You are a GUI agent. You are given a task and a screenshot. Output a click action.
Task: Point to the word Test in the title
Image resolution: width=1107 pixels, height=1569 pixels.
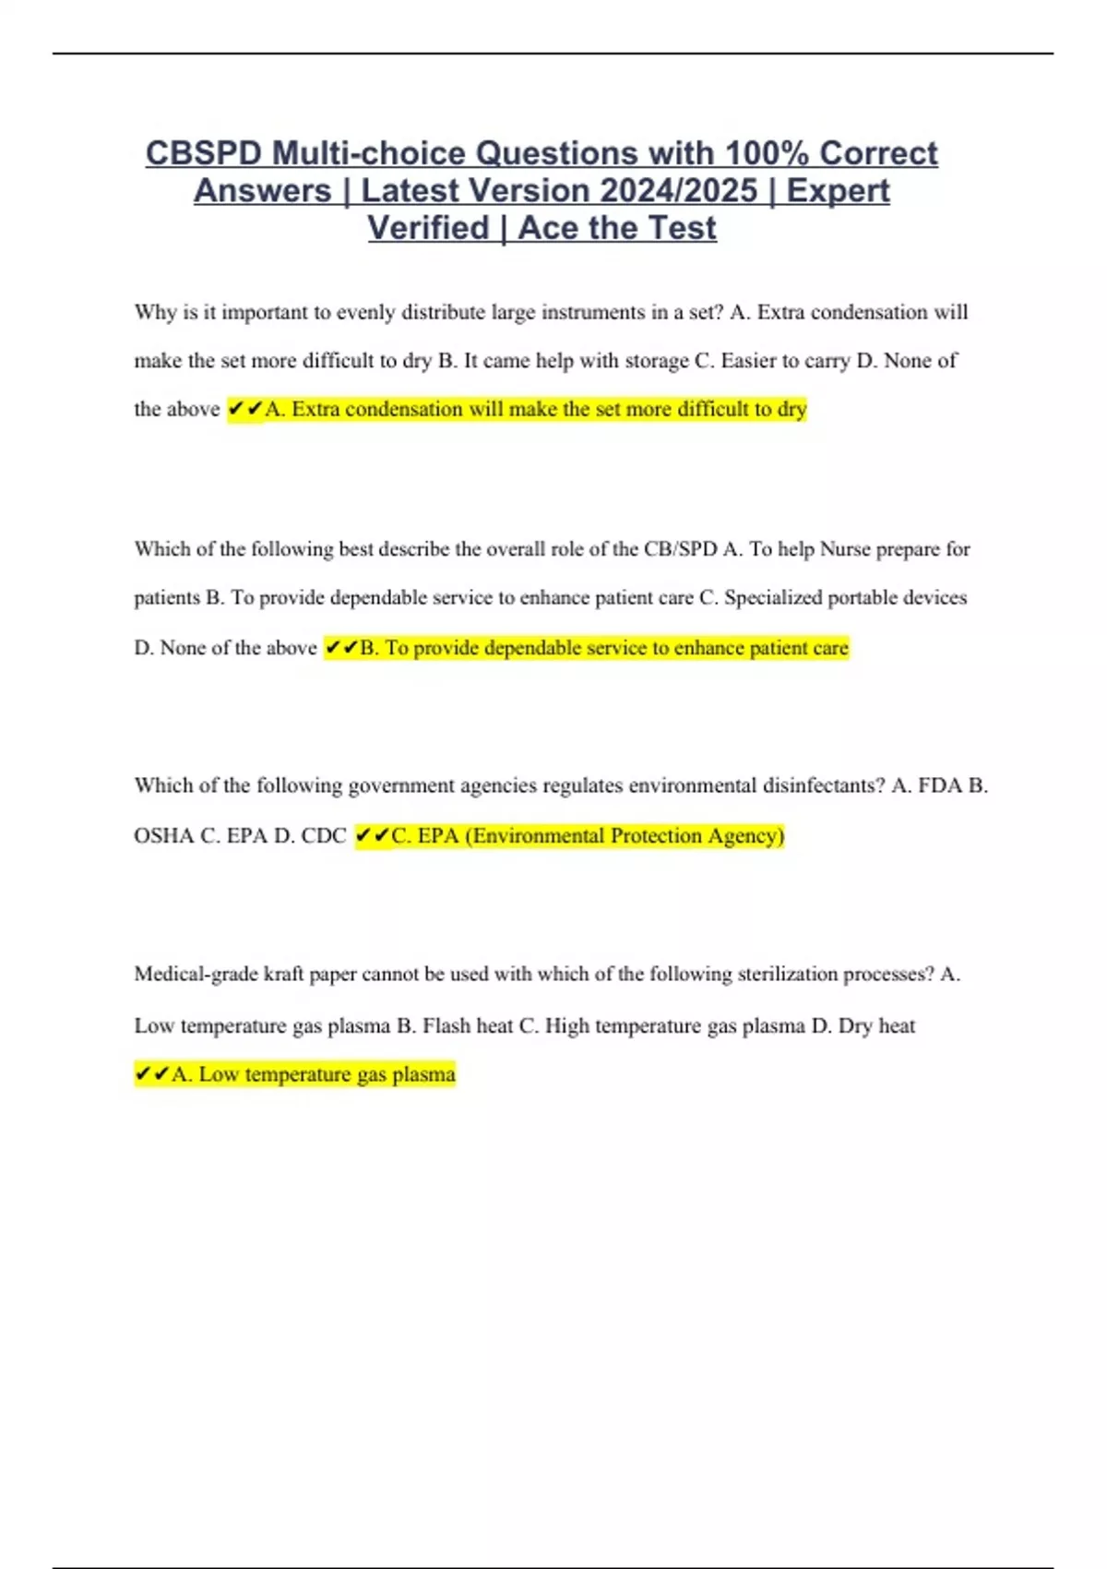click(x=682, y=228)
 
